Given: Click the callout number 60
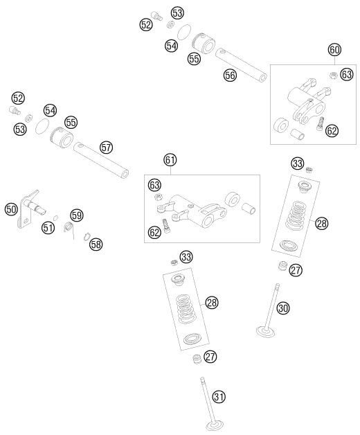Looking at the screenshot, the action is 334,50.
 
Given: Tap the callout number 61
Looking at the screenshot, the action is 170,160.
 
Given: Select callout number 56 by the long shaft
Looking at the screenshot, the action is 230,76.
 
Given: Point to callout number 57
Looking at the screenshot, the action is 106,148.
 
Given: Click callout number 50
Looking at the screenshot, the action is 11,209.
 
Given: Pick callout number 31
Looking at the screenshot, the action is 219,396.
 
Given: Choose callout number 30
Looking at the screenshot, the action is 283,308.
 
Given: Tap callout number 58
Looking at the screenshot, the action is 96,244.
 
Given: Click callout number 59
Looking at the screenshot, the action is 77,215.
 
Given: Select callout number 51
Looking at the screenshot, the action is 48,228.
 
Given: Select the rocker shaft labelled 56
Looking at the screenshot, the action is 241,66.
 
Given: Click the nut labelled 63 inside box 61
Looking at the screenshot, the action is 158,197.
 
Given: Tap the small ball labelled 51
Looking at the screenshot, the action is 55,217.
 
